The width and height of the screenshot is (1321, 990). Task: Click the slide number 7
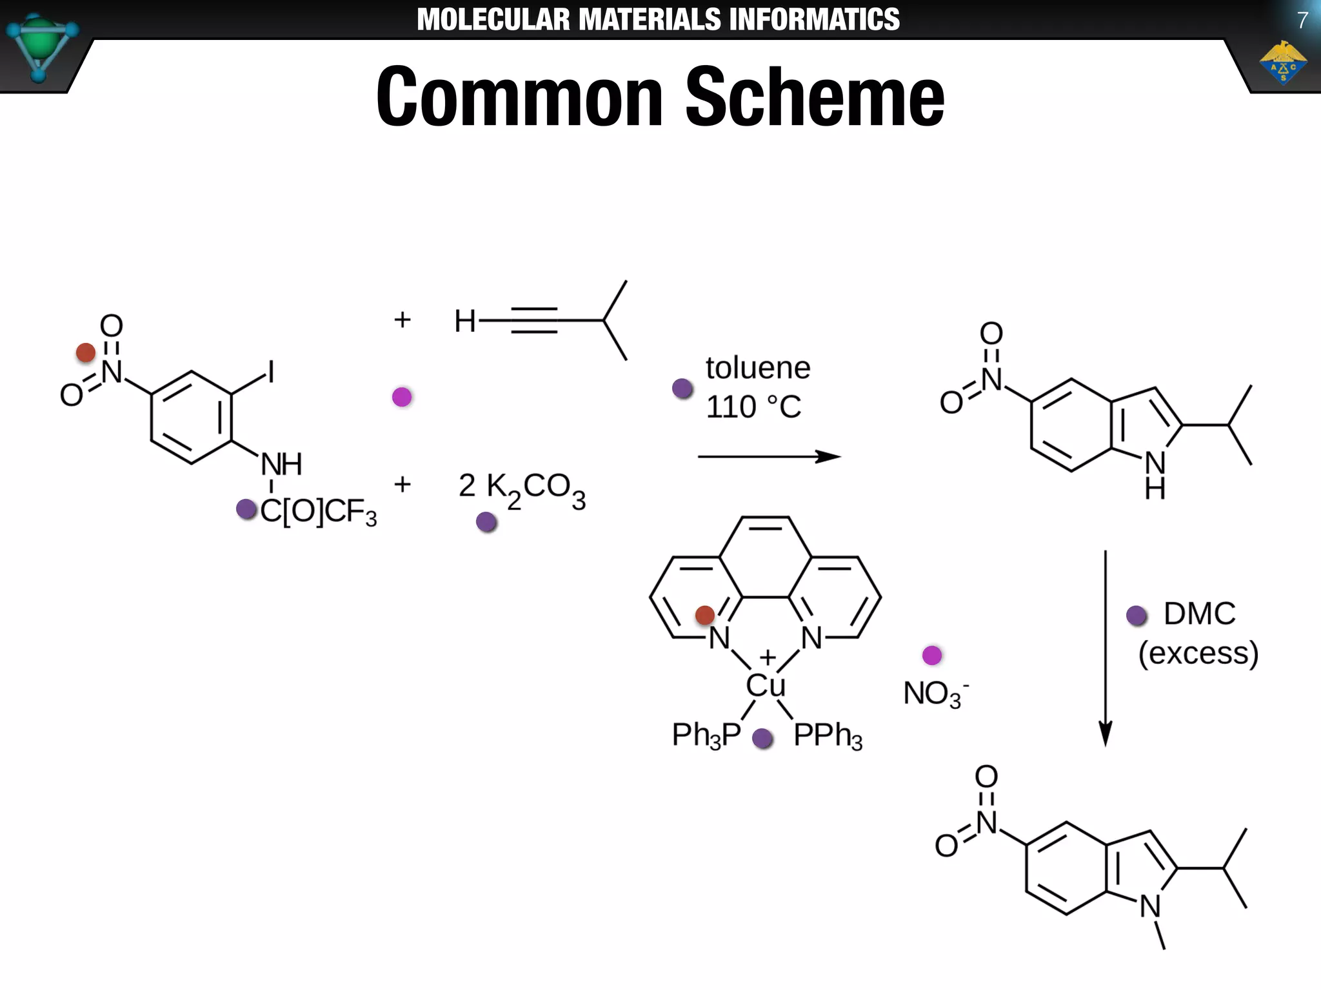click(1302, 21)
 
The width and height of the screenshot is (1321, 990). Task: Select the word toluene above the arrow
click(758, 368)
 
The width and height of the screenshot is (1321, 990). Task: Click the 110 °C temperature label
click(753, 407)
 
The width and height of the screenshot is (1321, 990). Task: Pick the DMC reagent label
click(1199, 614)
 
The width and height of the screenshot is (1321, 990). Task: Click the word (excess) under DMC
click(1198, 653)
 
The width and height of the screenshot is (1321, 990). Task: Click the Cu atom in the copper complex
click(766, 685)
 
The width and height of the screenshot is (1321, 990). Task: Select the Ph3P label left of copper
click(706, 735)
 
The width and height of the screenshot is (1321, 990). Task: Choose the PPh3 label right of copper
click(828, 735)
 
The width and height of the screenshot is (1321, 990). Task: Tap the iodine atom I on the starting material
click(270, 372)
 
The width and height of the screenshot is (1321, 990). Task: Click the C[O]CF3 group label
click(318, 512)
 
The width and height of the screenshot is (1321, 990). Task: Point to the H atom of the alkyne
click(464, 321)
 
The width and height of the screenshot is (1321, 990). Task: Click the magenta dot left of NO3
click(932, 655)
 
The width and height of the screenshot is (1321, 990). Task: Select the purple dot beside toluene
click(682, 388)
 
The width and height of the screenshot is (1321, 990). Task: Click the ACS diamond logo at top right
click(1282, 63)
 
